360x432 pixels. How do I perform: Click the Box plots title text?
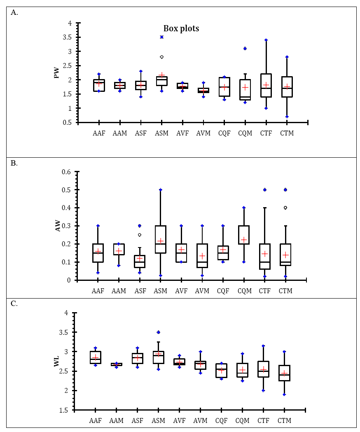tap(181, 28)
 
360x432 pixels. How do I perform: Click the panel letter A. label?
tap(14, 12)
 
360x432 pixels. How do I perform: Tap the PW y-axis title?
tap(56, 73)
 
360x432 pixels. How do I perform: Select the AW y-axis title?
tap(58, 225)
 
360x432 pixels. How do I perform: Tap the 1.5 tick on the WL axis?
tap(66, 410)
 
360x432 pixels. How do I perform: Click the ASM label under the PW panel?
tap(161, 133)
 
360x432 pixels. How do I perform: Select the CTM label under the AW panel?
tap(285, 291)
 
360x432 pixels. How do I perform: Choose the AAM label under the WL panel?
tap(117, 420)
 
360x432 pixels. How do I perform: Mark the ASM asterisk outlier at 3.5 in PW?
tap(162, 37)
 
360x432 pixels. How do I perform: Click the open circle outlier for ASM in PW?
tap(162, 57)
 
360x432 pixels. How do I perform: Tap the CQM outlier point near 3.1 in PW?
tap(245, 49)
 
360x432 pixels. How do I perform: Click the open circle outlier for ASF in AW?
tap(140, 235)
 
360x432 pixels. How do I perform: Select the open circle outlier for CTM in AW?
tap(285, 208)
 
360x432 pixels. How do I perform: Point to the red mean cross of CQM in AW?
tap(244, 240)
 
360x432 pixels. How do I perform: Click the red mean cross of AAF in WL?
tap(96, 357)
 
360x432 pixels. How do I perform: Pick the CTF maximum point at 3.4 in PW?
tap(266, 40)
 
